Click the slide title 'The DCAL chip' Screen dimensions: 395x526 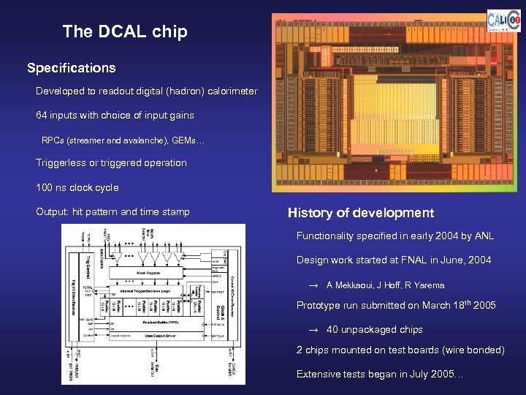coord(125,31)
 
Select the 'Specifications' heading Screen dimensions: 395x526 coord(71,68)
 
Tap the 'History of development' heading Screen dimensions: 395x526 coord(361,213)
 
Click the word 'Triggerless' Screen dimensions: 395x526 coord(61,162)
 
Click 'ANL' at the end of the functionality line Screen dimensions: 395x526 coord(484,236)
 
